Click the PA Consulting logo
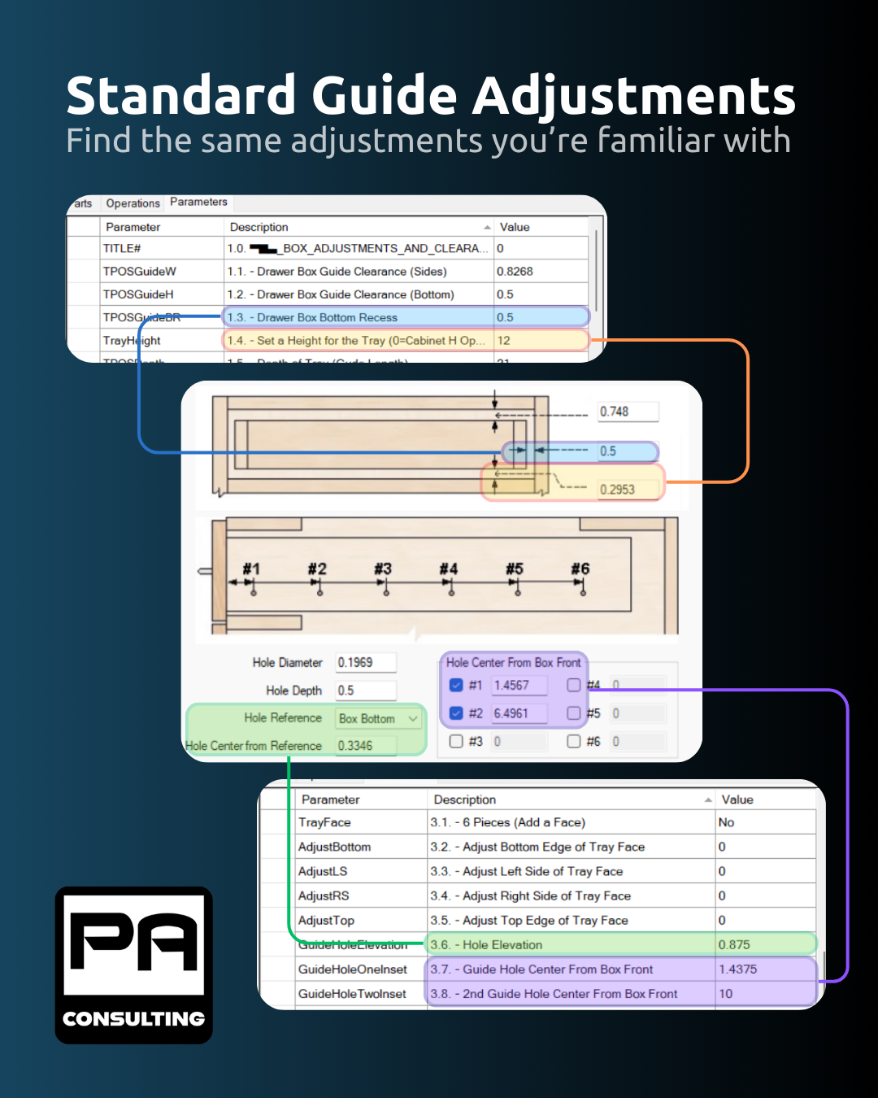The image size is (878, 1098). (x=134, y=965)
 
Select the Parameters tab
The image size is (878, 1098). (x=198, y=202)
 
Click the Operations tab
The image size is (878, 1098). (x=133, y=203)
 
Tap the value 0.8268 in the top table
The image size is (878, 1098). (x=515, y=272)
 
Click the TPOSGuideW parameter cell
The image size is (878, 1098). (x=140, y=272)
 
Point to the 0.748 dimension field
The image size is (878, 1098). (x=627, y=412)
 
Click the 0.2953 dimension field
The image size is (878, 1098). (x=627, y=489)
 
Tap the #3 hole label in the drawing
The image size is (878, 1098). (x=383, y=569)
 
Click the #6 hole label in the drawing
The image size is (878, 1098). (x=580, y=569)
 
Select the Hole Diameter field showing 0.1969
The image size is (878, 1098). (x=366, y=663)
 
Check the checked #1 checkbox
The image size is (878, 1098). (x=456, y=686)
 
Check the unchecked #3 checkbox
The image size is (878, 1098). (x=456, y=742)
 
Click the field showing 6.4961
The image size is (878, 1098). (x=519, y=713)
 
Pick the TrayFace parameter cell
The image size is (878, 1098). (x=325, y=823)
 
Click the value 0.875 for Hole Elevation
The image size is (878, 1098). (x=734, y=945)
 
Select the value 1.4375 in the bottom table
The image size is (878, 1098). (x=737, y=969)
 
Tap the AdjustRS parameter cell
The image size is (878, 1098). (x=324, y=896)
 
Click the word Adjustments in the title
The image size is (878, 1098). (x=634, y=96)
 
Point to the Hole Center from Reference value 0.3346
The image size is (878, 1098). (x=365, y=746)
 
